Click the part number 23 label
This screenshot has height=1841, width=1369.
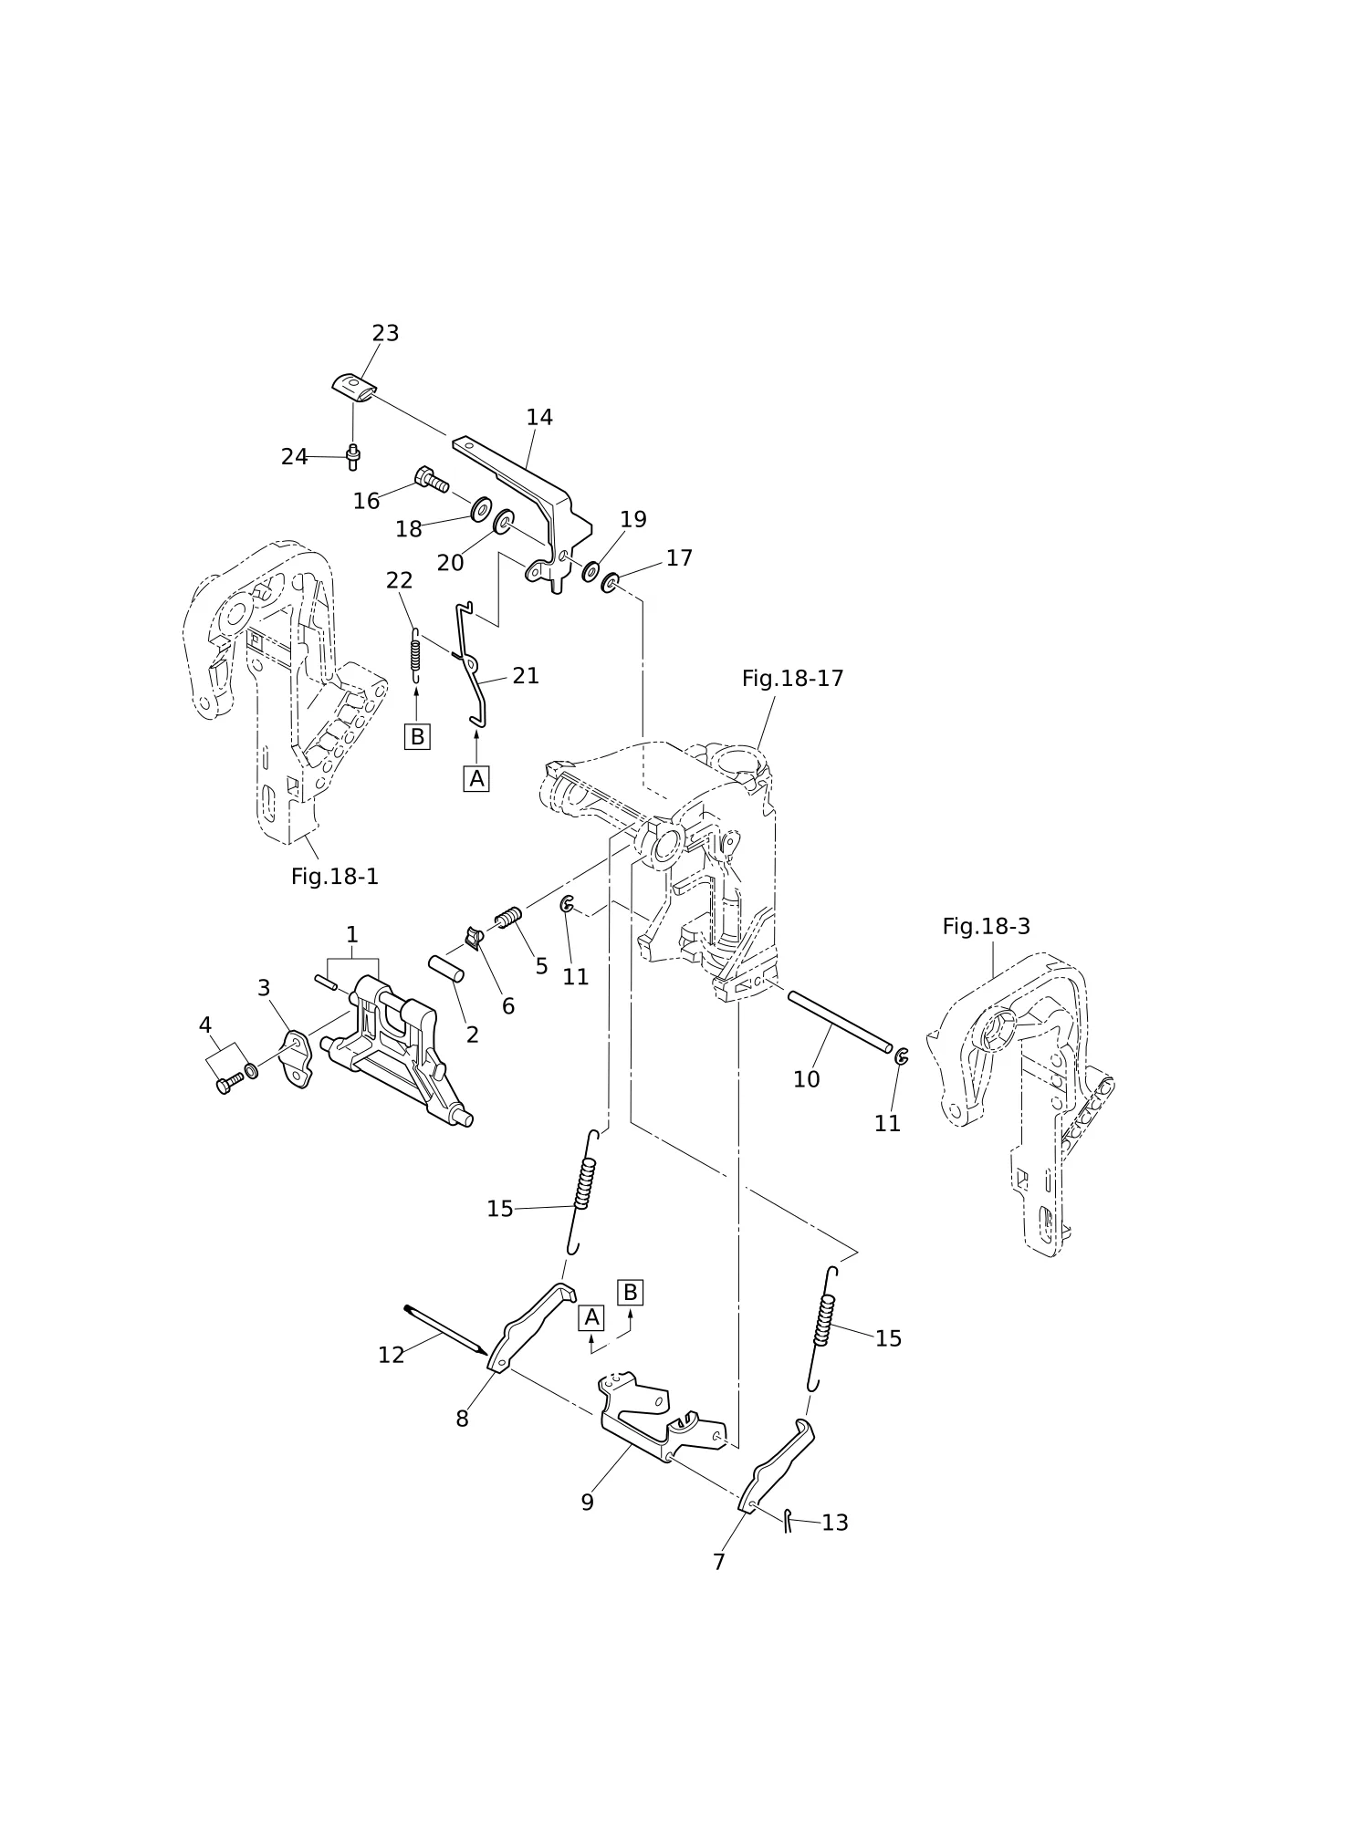(x=385, y=334)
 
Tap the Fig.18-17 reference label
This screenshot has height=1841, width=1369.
(x=792, y=679)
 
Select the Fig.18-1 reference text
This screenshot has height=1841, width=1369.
(x=334, y=877)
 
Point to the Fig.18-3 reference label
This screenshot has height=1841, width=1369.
(x=986, y=927)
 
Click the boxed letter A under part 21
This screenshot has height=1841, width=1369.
(x=476, y=779)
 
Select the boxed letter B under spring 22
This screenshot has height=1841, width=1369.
(x=417, y=736)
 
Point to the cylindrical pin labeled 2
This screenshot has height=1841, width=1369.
(x=446, y=969)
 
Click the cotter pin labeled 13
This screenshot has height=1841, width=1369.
(x=787, y=1520)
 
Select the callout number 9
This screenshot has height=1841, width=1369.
(x=587, y=1503)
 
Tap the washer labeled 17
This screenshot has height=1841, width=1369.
(x=610, y=580)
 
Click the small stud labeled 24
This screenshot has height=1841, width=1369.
(x=353, y=457)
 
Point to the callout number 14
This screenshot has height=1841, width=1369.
(x=539, y=418)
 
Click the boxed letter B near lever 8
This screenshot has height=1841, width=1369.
(x=630, y=1293)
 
